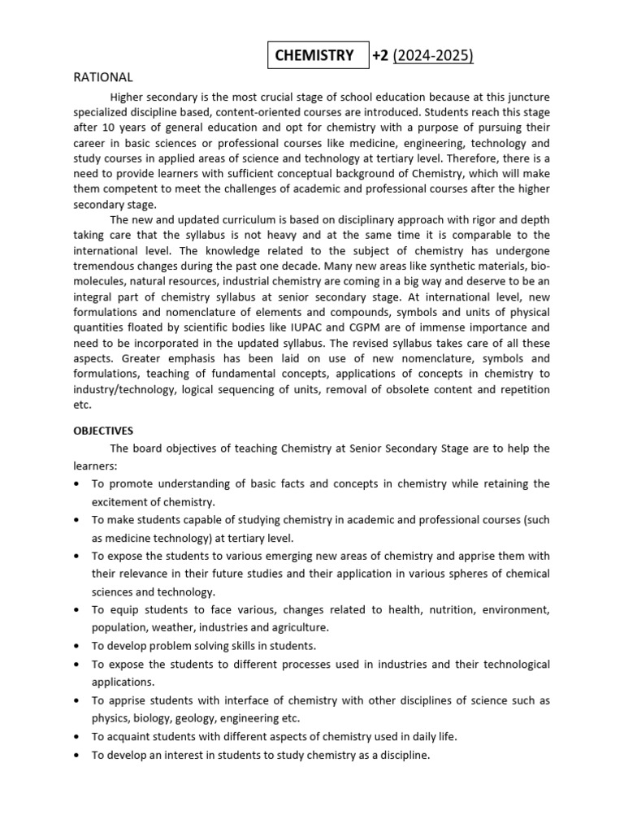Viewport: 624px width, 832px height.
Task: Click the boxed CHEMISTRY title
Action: point(314,55)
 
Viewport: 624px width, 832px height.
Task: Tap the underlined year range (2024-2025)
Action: point(433,55)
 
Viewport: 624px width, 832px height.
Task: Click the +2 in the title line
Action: point(380,55)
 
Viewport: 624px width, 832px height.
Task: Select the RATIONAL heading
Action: point(103,77)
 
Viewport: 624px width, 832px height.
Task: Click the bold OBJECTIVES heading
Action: point(103,431)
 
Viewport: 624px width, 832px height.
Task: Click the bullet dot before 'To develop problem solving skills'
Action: point(76,647)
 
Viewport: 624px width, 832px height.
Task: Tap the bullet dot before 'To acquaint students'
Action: point(76,737)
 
